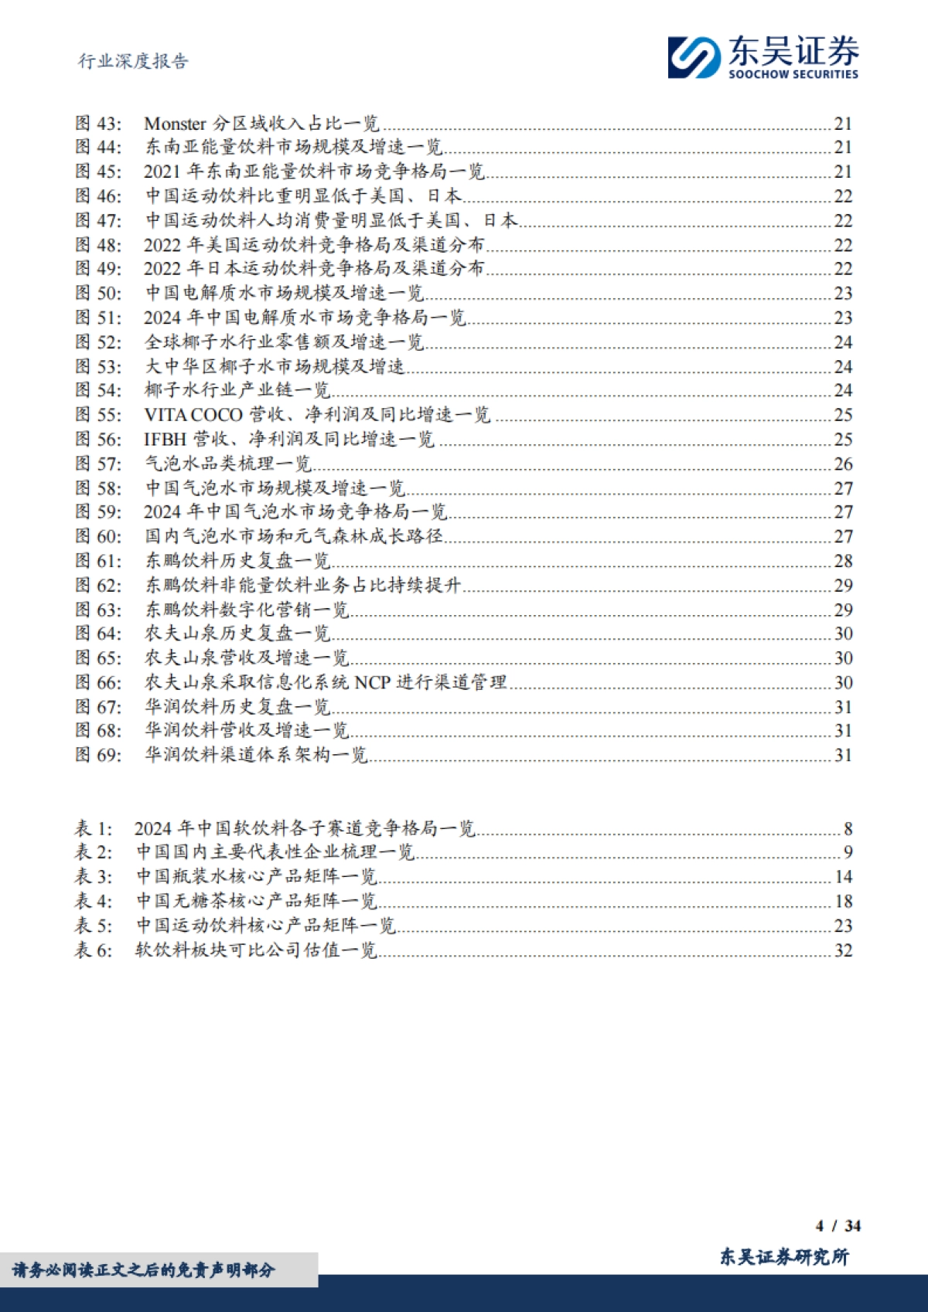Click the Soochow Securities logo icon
pyautogui.click(x=694, y=57)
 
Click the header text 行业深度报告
pyautogui.click(x=133, y=62)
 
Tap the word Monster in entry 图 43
pyautogui.click(x=175, y=124)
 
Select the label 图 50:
pyautogui.click(x=98, y=294)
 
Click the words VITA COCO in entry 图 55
pyautogui.click(x=193, y=415)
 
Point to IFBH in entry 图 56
pyautogui.click(x=165, y=440)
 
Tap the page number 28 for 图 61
pyautogui.click(x=843, y=561)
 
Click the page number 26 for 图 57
pyautogui.click(x=843, y=464)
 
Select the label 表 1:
pyautogui.click(x=94, y=829)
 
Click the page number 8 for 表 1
pyautogui.click(x=848, y=829)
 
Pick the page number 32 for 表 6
pyautogui.click(x=843, y=950)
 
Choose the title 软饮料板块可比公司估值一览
pyautogui.click(x=256, y=950)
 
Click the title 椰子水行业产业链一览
pyautogui.click(x=237, y=391)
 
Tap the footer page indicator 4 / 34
pyautogui.click(x=838, y=1225)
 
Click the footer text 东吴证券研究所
pyautogui.click(x=783, y=1257)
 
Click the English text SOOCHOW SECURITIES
pyautogui.click(x=793, y=74)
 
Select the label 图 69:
pyautogui.click(x=98, y=755)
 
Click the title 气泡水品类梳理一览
pyautogui.click(x=228, y=464)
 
